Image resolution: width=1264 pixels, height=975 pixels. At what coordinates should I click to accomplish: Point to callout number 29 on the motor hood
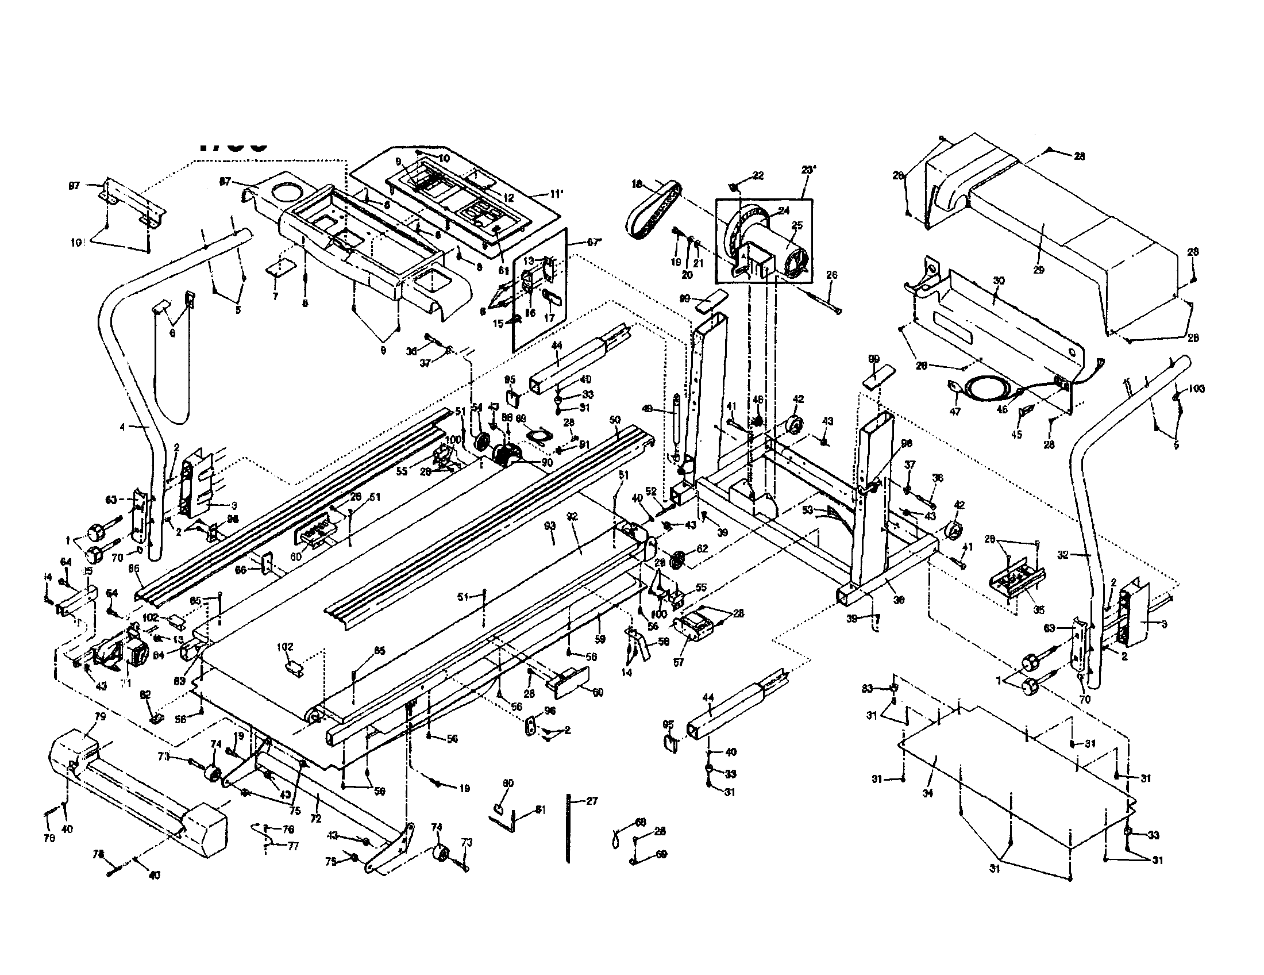click(x=1039, y=270)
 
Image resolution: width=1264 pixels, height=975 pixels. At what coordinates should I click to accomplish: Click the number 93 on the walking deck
click(x=550, y=525)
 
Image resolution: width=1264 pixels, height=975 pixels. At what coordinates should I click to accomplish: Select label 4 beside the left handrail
click(x=122, y=427)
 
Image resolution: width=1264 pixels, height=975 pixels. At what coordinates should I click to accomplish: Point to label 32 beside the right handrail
click(x=1062, y=555)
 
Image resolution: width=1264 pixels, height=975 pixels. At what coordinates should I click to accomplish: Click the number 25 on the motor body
click(x=797, y=225)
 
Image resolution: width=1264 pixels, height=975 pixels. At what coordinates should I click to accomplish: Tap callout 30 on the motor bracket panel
click(x=999, y=281)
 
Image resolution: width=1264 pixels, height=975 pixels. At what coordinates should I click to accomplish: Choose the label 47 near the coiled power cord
click(x=955, y=412)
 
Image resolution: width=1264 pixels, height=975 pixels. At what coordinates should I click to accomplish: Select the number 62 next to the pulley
click(x=702, y=548)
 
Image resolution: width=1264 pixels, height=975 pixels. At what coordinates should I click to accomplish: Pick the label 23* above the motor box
click(x=808, y=171)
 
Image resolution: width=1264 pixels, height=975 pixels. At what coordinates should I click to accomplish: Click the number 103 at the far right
click(x=1196, y=389)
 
